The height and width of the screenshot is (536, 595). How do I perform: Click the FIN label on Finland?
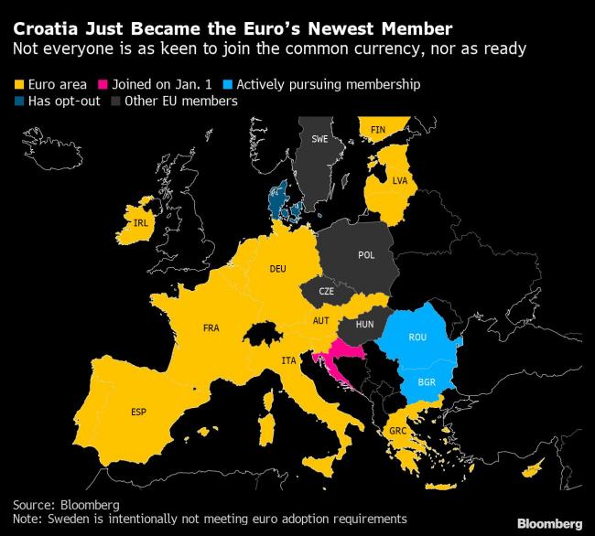[378, 131]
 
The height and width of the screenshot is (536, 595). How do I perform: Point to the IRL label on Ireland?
[140, 224]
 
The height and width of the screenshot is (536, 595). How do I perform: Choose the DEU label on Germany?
[278, 269]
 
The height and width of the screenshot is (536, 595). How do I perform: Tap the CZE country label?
[326, 291]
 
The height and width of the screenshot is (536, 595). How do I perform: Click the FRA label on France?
[211, 327]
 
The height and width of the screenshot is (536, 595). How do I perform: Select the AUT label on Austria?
[320, 321]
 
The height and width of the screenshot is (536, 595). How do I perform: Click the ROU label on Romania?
[417, 338]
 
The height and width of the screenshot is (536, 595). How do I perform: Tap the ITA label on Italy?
[288, 362]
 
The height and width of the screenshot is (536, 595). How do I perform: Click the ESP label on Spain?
[139, 411]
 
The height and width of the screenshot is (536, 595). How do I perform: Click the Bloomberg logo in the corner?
[550, 523]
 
